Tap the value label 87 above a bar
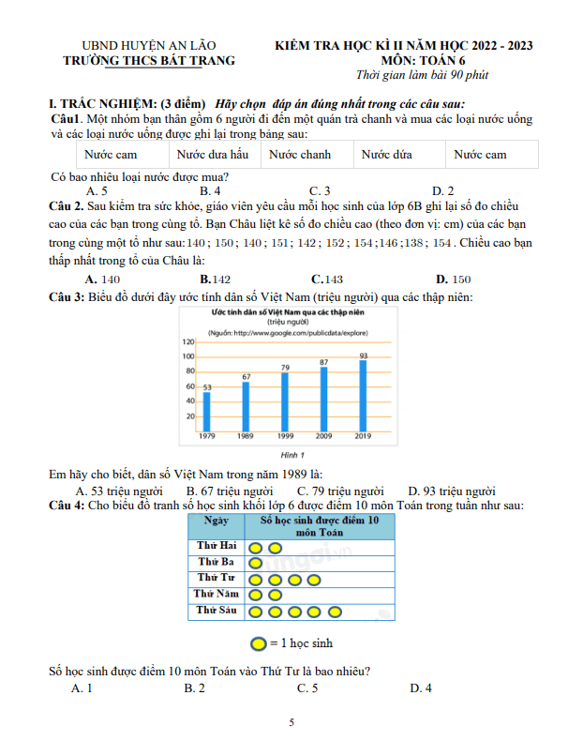coord(323,362)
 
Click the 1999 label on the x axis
coord(285,437)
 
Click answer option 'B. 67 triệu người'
coord(230,491)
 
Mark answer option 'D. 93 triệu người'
coord(452,491)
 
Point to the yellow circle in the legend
coord(258,644)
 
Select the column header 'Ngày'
coord(216,521)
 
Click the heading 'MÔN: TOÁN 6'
coord(404,60)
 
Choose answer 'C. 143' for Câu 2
coord(326,280)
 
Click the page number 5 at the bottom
coord(291,723)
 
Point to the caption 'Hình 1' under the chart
coord(280,455)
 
